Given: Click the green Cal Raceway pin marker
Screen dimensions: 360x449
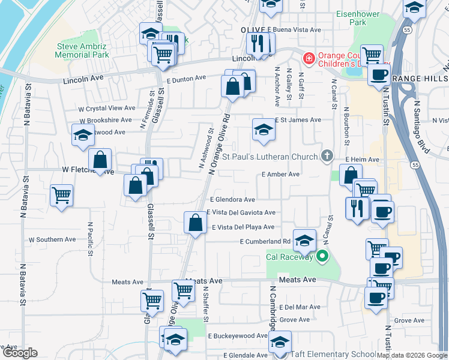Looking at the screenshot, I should [x=322, y=257].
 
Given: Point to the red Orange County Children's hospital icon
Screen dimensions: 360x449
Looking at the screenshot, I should [x=309, y=58].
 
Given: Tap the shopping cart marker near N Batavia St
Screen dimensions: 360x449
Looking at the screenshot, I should [x=62, y=196].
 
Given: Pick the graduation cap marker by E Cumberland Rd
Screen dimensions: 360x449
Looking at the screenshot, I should [x=304, y=241].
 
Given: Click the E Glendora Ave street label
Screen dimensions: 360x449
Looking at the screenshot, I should [x=232, y=200].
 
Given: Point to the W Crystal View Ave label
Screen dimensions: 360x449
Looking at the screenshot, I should [x=107, y=108].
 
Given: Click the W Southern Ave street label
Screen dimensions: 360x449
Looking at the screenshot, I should [x=52, y=239].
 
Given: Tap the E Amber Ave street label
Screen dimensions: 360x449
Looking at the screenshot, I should [x=281, y=174].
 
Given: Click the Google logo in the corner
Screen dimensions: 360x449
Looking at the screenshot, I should [x=20, y=353].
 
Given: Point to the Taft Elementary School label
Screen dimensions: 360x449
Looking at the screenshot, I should [x=334, y=355].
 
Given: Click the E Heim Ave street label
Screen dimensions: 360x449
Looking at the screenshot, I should [x=363, y=160].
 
